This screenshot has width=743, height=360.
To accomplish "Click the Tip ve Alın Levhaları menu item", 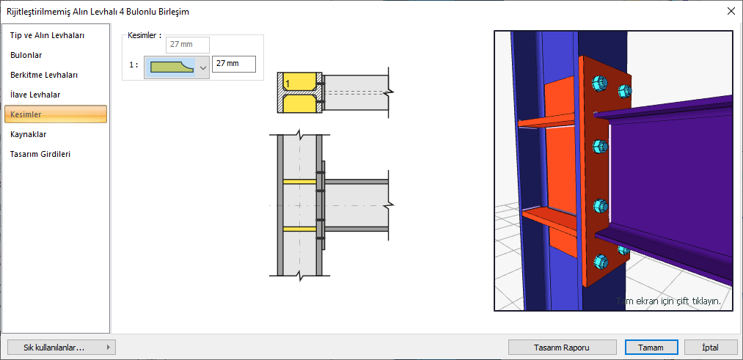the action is point(48,35).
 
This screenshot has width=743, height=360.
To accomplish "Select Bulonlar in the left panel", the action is point(26,56).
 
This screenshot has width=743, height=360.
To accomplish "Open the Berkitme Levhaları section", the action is point(44,75).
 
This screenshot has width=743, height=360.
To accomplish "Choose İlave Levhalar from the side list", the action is point(35,95).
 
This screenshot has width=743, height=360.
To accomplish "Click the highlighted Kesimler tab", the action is point(56,114).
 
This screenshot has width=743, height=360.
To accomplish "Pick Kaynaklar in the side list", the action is point(28,134).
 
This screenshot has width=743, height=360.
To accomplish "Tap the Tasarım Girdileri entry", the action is point(40,154).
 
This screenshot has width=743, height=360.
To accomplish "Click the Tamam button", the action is point(651,348).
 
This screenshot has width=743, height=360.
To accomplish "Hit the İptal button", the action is point(710,348).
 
